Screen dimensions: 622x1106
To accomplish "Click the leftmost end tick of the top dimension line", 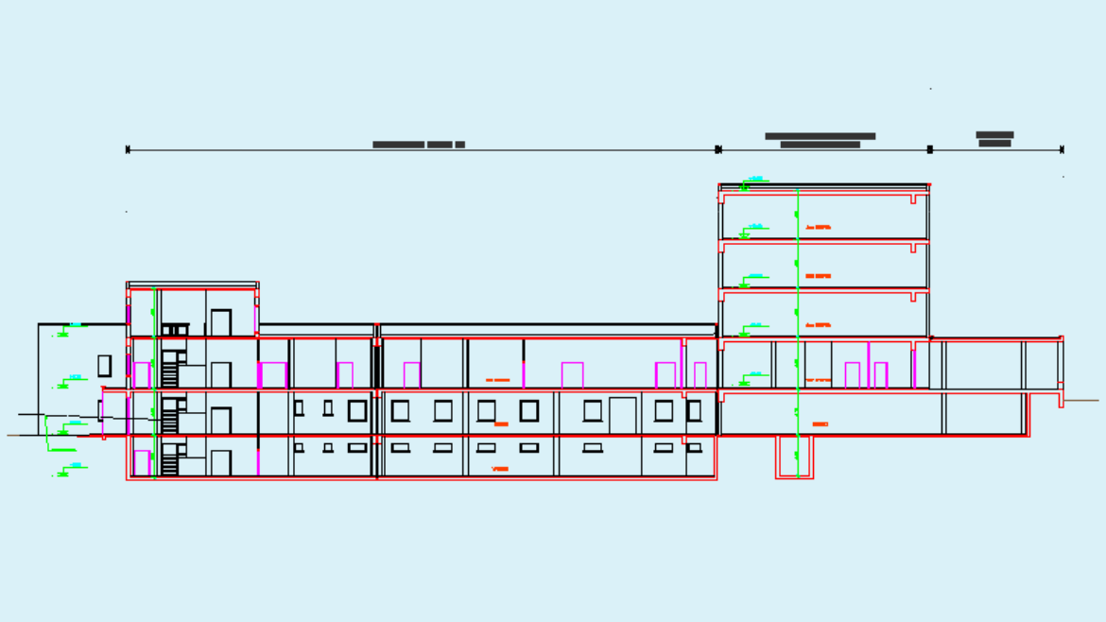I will pyautogui.click(x=128, y=149).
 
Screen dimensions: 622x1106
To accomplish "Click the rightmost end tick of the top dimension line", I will pyautogui.click(x=1063, y=149).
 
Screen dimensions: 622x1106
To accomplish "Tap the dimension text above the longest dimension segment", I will pyautogui.click(x=419, y=145).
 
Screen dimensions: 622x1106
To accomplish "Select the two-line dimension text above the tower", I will pyautogui.click(x=820, y=140).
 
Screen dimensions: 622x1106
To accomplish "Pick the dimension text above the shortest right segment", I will pyautogui.click(x=994, y=139).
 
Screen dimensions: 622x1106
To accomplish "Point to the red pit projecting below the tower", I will pyautogui.click(x=795, y=457).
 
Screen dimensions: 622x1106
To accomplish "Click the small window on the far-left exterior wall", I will pyautogui.click(x=104, y=365).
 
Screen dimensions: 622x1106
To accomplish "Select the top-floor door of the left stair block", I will pyautogui.click(x=221, y=322).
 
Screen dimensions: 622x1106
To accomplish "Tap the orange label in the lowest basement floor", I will pyautogui.click(x=500, y=469).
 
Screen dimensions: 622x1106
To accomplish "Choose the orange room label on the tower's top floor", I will pyautogui.click(x=819, y=228).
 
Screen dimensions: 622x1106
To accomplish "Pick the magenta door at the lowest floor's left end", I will pyautogui.click(x=142, y=463).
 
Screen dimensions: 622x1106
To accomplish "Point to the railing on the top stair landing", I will pyautogui.click(x=175, y=329).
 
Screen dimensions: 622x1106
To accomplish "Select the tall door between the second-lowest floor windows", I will pyautogui.click(x=623, y=416).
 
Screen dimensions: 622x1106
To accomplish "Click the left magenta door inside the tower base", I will pyautogui.click(x=852, y=375).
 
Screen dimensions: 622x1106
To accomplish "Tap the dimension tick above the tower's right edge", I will pyautogui.click(x=930, y=149).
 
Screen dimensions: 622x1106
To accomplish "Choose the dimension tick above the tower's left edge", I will pyautogui.click(x=718, y=149).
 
